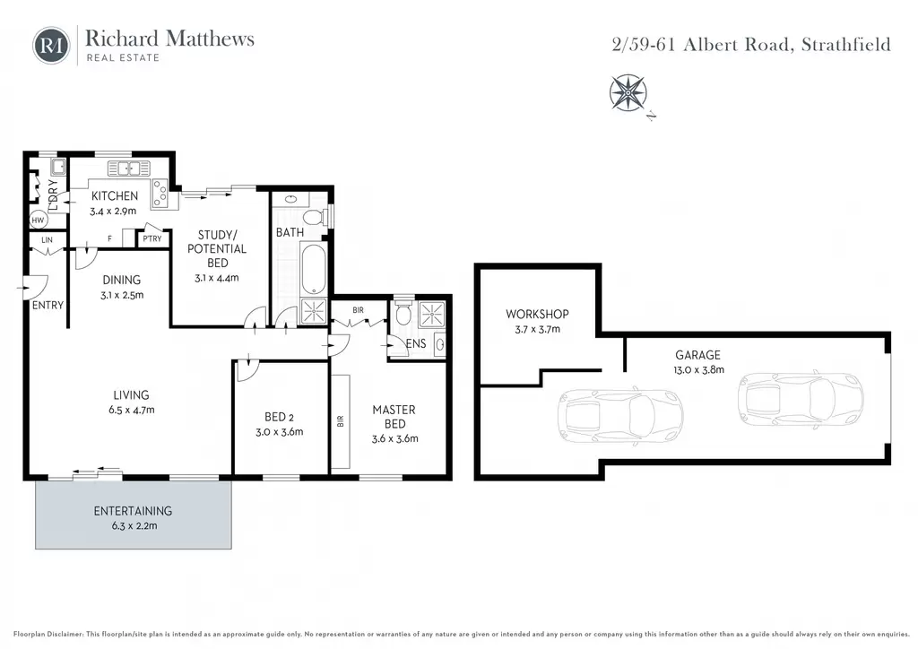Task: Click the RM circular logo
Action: tap(51, 45)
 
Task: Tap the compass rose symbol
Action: tap(628, 92)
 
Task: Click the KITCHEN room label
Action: tap(115, 196)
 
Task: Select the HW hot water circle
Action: tap(38, 220)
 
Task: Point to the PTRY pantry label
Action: tap(152, 238)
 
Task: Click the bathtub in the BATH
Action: tap(313, 269)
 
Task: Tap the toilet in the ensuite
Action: tap(403, 313)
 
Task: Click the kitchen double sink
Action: tap(129, 169)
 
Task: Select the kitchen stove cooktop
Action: tap(160, 194)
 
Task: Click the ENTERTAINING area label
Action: tap(133, 511)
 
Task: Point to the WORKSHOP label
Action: tap(538, 315)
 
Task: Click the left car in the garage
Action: tap(620, 416)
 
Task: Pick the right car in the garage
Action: tap(801, 401)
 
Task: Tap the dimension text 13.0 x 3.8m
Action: tap(698, 370)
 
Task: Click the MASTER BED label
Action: tap(394, 417)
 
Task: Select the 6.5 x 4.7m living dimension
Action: tap(132, 411)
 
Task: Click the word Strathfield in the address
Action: tap(846, 45)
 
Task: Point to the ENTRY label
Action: tap(48, 305)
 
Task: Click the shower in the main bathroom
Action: tap(313, 311)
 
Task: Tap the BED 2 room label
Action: tap(280, 417)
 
